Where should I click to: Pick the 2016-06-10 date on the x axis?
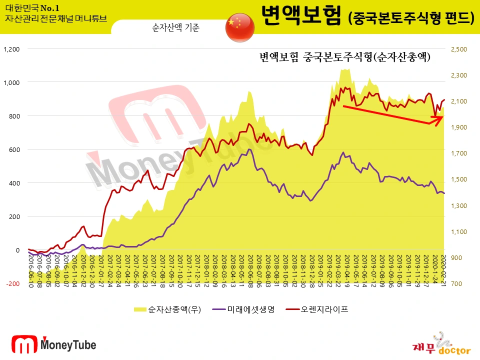tap(30, 270)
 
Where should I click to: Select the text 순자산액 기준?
tap(175, 28)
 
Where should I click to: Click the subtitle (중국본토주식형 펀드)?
tap(410, 18)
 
